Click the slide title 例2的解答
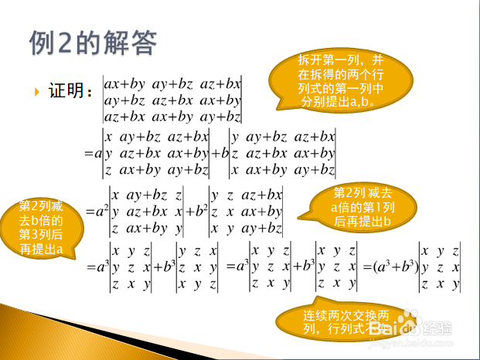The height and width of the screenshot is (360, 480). (93, 42)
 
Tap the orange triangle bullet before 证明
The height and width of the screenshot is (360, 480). (37, 92)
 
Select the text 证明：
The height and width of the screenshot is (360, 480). (70, 91)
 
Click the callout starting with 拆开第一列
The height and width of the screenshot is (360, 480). (341, 80)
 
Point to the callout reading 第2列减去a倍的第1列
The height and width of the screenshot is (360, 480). (359, 207)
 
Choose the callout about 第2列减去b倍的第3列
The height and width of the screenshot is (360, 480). (41, 228)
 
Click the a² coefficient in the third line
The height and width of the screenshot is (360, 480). (101, 211)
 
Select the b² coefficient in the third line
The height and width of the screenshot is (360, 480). (201, 211)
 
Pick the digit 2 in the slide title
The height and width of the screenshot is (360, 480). (64, 42)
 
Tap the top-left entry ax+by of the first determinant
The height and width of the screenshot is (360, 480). (124, 84)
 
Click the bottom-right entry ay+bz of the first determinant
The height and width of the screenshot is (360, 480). (220, 117)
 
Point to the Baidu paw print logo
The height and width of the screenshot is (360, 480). (408, 321)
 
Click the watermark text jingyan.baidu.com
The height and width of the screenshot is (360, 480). (410, 343)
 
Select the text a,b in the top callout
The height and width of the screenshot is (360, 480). (359, 102)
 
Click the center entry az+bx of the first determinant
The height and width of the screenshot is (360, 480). (172, 100)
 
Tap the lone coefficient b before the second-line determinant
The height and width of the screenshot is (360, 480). (225, 153)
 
